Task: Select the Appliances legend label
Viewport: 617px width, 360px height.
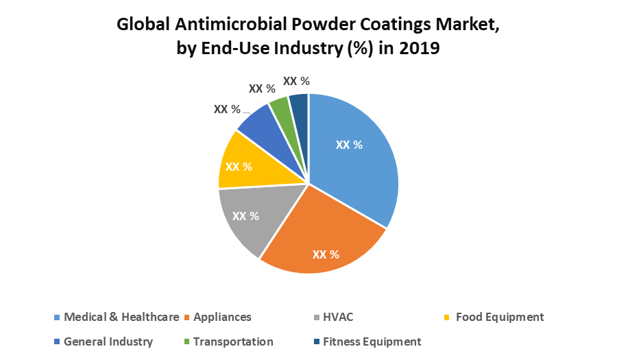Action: pos(222,317)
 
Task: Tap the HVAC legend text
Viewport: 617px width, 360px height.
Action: pos(338,317)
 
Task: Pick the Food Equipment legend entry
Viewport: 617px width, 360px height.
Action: pos(499,317)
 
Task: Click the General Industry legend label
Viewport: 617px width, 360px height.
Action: pos(108,341)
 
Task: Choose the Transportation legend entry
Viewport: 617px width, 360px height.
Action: pos(233,341)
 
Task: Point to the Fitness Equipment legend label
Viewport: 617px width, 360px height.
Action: pos(372,341)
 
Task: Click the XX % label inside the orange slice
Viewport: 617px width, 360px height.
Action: pos(326,254)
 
